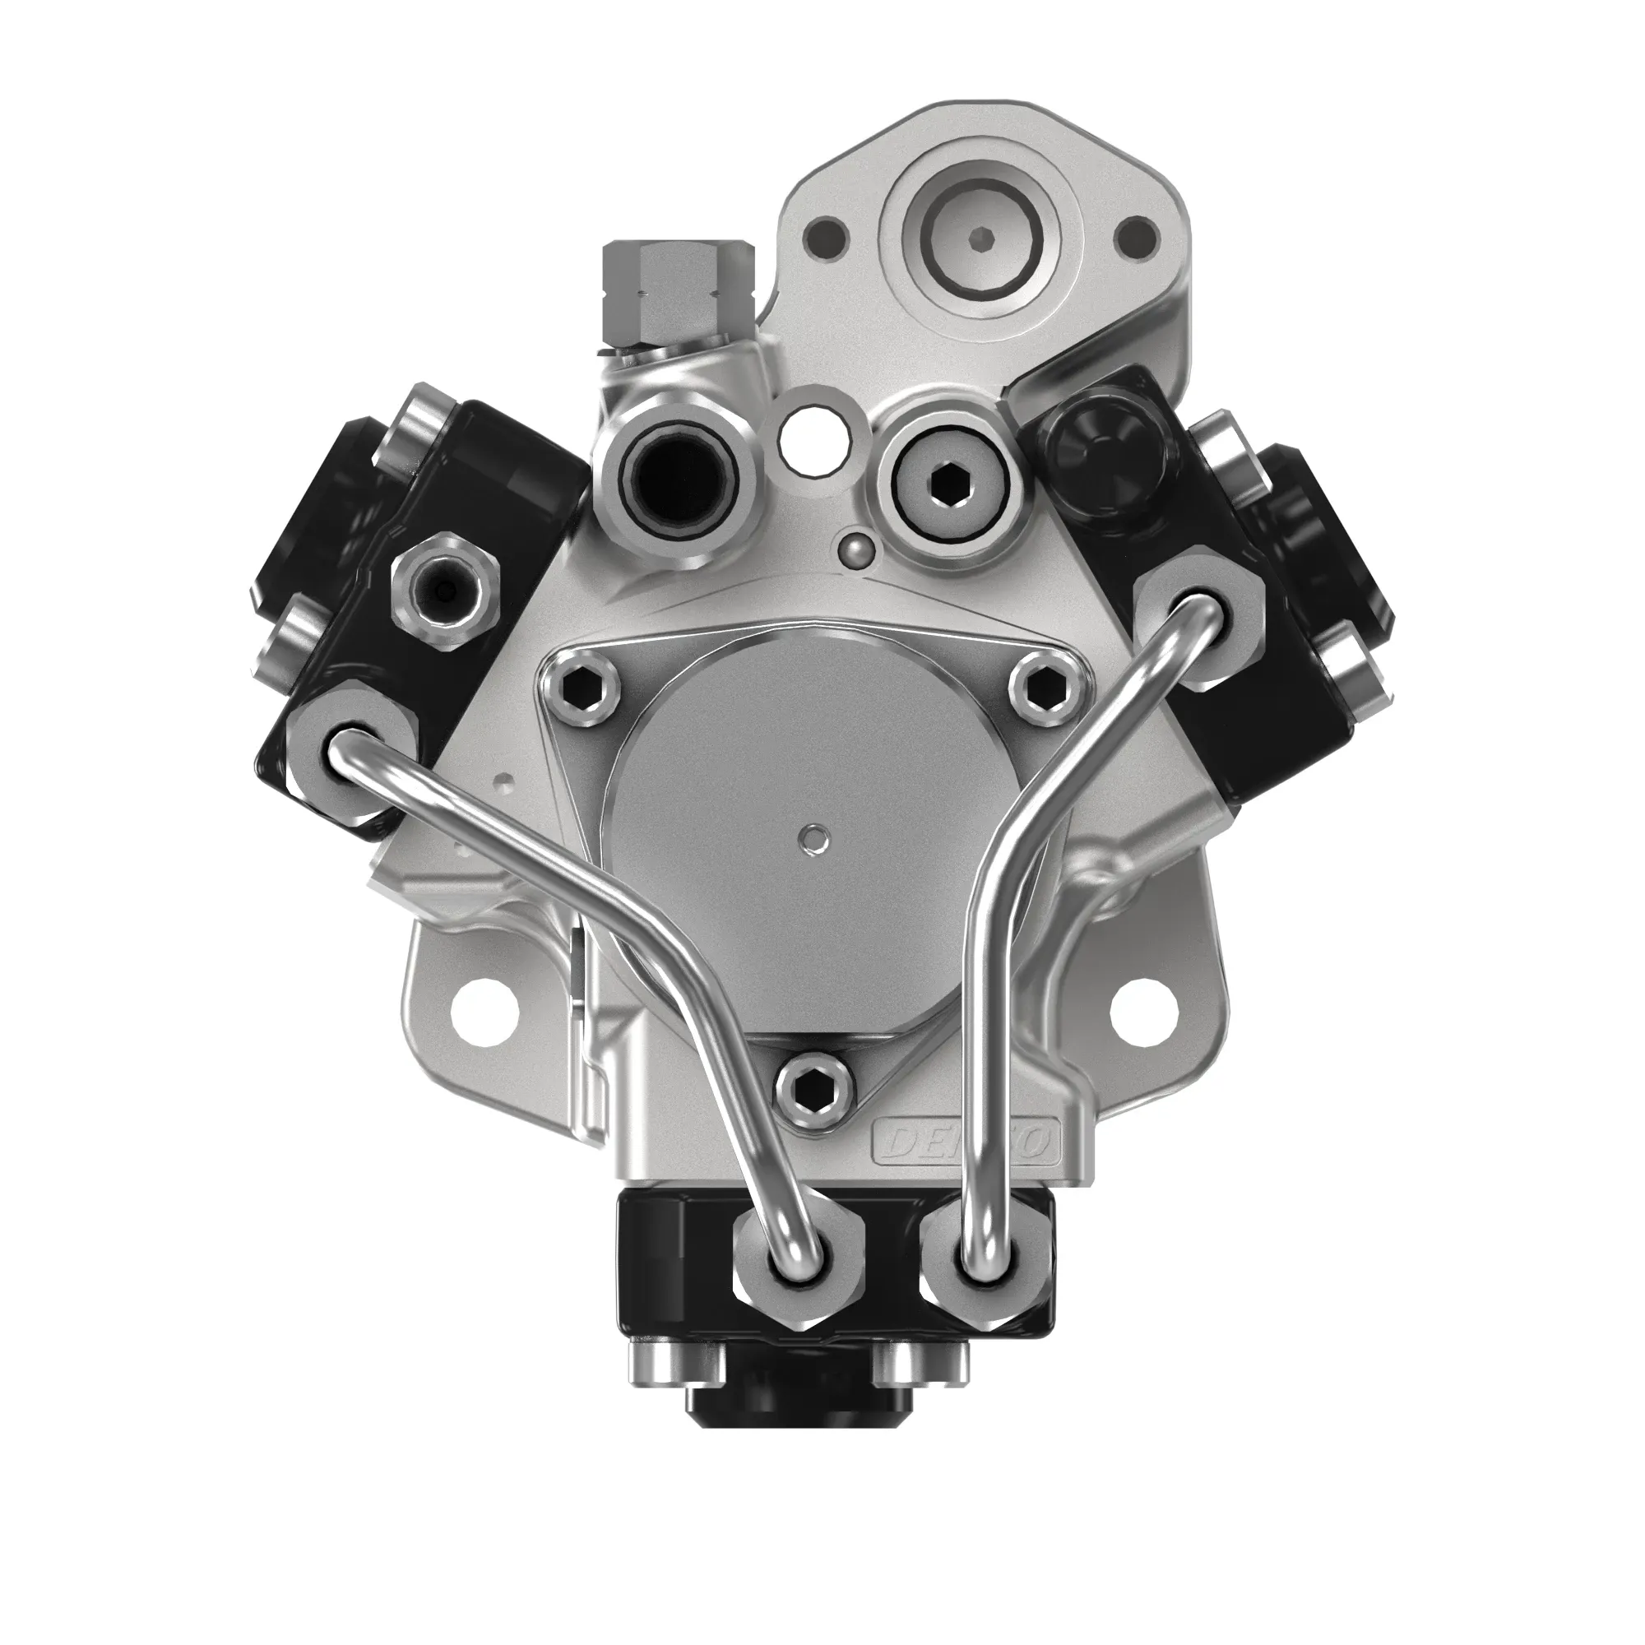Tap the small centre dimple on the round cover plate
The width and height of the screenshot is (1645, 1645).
pyautogui.click(x=815, y=838)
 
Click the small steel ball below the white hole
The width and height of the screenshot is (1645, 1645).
pyautogui.click(x=852, y=550)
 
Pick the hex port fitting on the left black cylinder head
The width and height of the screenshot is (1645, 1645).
pyautogui.click(x=443, y=586)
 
